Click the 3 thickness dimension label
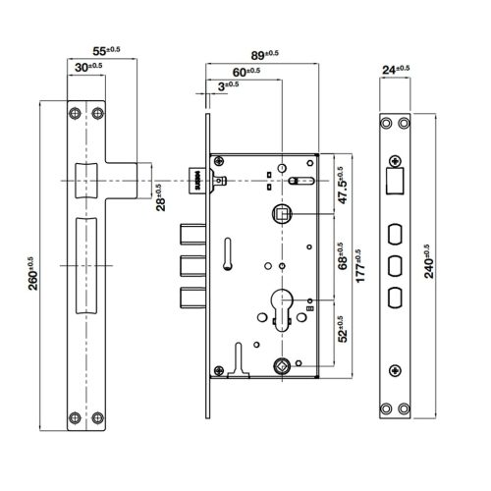click(x=224, y=86)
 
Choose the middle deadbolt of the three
click(x=191, y=266)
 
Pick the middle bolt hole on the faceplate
click(x=395, y=265)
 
